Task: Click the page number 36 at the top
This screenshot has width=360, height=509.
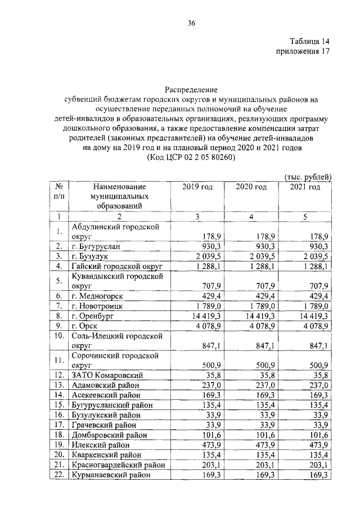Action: [x=191, y=23]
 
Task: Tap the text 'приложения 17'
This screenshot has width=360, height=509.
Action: [x=302, y=52]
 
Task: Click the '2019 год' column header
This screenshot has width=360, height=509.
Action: [x=197, y=187]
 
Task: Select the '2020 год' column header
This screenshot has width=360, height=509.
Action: [x=251, y=187]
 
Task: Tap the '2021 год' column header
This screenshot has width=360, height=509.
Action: [x=305, y=187]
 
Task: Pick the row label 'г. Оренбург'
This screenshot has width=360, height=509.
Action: [x=94, y=317]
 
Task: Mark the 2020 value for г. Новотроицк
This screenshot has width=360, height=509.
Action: [x=256, y=306]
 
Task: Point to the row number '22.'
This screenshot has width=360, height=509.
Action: [x=58, y=475]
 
